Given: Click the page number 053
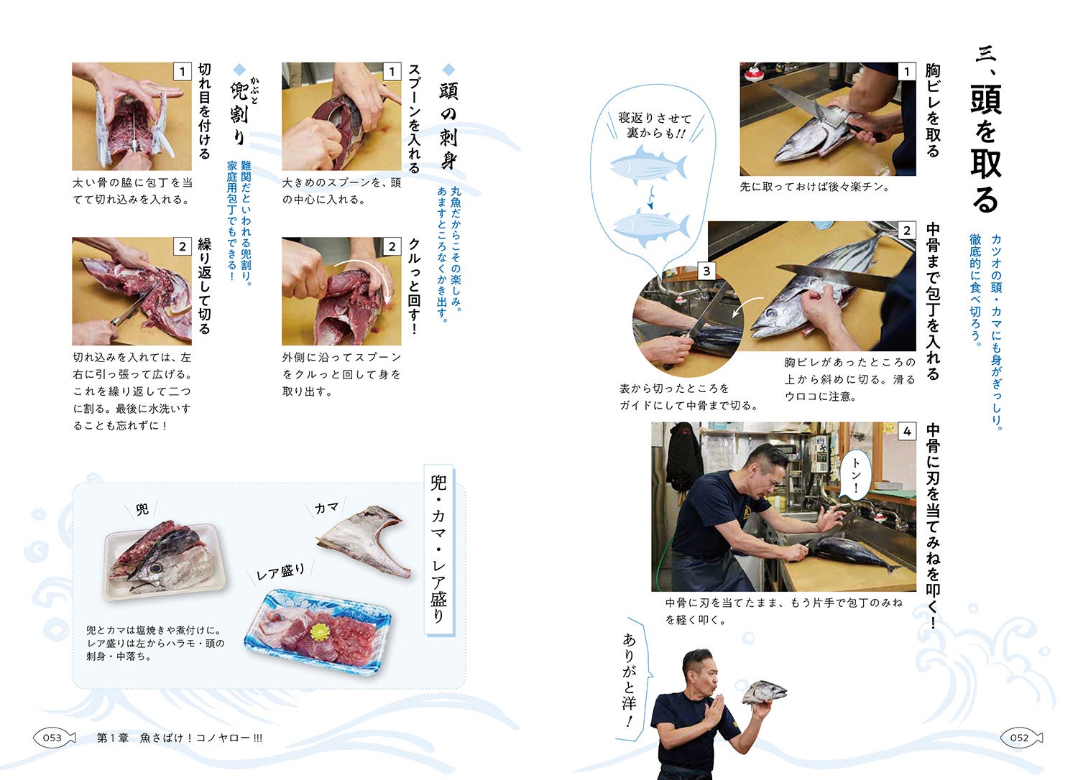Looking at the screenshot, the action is click(x=52, y=738).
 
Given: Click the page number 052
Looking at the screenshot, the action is click(x=1019, y=738).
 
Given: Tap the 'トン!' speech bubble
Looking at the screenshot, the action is click(x=855, y=476).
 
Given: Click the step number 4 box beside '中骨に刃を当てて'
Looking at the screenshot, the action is click(x=907, y=432).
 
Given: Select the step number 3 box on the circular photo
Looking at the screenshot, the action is click(x=706, y=271).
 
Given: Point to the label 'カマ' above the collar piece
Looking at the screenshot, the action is click(x=327, y=508).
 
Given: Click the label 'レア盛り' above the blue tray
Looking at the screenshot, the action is click(x=280, y=572).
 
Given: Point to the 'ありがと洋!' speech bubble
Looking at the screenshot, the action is click(x=631, y=679).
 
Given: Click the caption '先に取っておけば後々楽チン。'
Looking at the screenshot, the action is click(x=815, y=187).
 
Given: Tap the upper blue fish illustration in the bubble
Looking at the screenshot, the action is click(x=648, y=164).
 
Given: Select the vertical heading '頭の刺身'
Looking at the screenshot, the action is click(x=448, y=126).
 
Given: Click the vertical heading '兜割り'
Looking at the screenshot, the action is click(x=239, y=113).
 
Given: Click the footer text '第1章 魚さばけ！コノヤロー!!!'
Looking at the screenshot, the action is click(x=180, y=738).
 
